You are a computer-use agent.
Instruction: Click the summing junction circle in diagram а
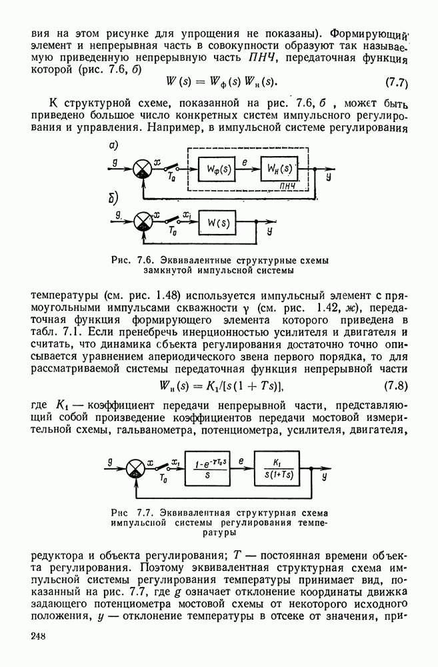tap(141, 169)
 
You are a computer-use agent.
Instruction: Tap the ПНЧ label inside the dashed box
tap(289, 187)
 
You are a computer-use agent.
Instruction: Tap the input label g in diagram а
tap(115, 161)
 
